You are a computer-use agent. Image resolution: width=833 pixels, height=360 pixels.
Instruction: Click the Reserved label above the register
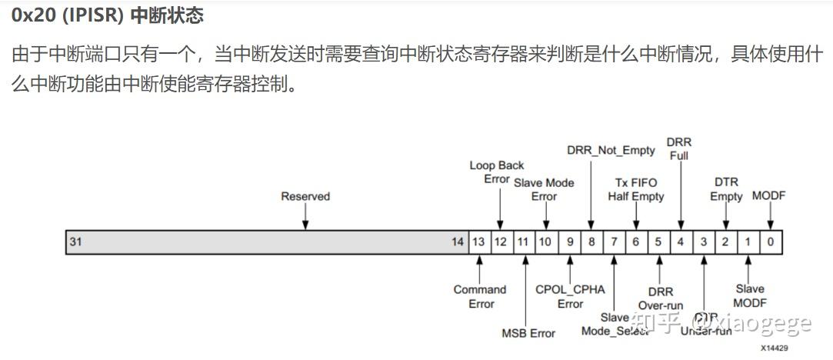point(305,196)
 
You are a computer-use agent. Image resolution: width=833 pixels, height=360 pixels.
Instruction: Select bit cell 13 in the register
point(478,242)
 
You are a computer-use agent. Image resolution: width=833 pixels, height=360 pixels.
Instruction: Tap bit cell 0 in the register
point(770,242)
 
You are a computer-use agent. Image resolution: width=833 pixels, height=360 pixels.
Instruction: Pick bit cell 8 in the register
point(591,242)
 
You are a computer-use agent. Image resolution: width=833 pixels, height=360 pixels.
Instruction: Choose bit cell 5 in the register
point(658,242)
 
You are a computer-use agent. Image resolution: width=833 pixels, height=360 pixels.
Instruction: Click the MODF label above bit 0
point(768,195)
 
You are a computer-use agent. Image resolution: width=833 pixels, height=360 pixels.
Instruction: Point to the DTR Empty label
point(725,189)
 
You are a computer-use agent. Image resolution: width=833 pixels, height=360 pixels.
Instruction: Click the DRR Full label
point(679,149)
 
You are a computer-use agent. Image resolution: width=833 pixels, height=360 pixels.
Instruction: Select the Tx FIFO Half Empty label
point(636,189)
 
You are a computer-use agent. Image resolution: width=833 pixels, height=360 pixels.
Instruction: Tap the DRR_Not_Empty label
point(611,150)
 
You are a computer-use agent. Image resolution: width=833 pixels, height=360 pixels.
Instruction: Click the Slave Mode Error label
point(544,189)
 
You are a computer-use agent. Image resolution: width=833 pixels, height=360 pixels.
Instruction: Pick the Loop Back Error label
point(497,172)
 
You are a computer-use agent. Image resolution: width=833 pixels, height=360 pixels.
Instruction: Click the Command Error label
point(480,296)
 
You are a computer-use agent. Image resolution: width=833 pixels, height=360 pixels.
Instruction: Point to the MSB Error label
point(528,333)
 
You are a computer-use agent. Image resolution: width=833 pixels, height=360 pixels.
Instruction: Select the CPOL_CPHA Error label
point(571,296)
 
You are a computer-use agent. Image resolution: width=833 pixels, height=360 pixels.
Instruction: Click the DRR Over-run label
point(660,298)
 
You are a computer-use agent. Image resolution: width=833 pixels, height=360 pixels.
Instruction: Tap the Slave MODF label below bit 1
point(749,295)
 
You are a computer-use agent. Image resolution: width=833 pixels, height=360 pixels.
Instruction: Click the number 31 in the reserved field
point(76,242)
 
